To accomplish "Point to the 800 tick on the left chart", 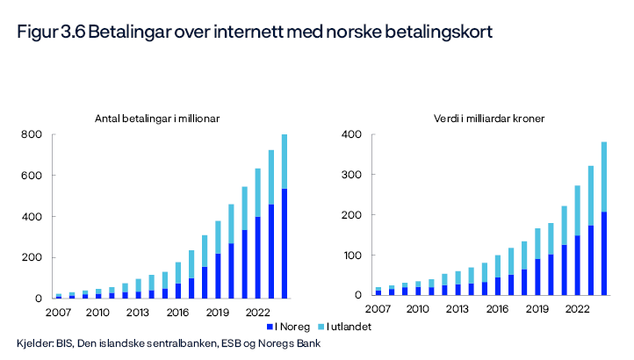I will click(x=32, y=135).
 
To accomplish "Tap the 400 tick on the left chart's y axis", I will click(x=32, y=217).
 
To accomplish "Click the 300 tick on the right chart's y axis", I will click(x=351, y=176).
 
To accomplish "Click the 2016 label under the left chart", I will click(x=178, y=312).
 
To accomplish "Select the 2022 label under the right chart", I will click(x=577, y=309).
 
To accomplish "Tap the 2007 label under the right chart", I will click(x=378, y=309).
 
